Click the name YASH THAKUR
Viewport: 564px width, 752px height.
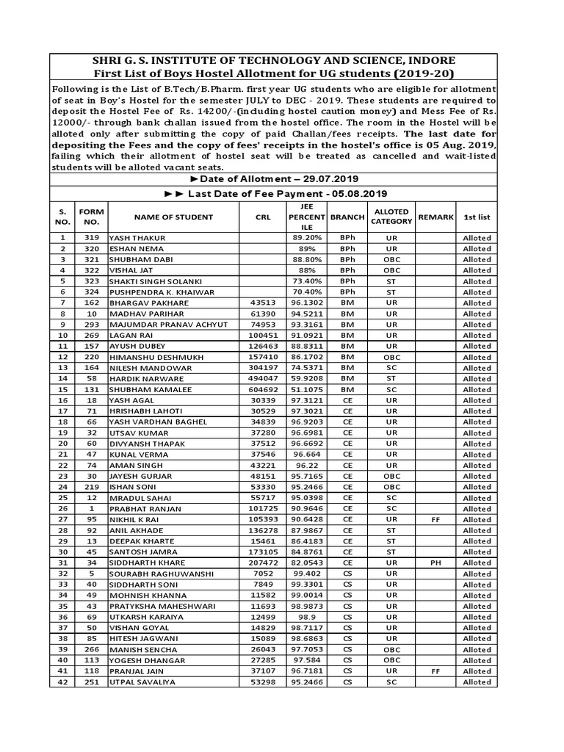point(137,238)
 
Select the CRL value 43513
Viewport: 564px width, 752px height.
point(263,303)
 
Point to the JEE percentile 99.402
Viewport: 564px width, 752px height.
point(306,574)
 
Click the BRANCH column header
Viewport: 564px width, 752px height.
point(347,217)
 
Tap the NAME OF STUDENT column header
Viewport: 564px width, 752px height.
point(173,217)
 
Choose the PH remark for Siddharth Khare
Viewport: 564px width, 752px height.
point(435,563)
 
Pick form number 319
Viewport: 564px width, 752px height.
point(91,238)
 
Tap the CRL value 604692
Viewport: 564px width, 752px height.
point(263,389)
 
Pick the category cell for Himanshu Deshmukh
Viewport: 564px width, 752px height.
point(391,357)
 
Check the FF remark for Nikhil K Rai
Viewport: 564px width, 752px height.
point(435,519)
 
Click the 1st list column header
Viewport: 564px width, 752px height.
point(477,217)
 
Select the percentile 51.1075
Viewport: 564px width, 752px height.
point(306,389)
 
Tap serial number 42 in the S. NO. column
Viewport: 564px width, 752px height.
point(63,682)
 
